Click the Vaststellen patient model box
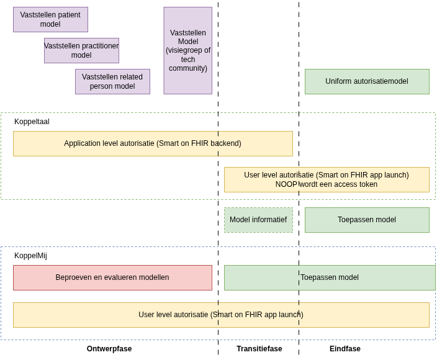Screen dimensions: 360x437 [50, 19]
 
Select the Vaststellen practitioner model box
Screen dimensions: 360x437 [81, 50]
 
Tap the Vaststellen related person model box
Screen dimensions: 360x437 [112, 81]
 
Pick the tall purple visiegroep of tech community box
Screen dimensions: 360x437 [187, 50]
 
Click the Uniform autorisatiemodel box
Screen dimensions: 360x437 [366, 81]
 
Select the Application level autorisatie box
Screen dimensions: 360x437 [153, 143]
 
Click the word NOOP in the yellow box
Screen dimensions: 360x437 [286, 184]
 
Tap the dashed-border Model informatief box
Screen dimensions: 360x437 [258, 220]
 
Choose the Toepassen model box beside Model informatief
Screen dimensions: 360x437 [366, 220]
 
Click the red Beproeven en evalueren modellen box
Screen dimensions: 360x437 [112, 277]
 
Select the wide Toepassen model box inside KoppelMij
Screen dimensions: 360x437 [330, 277]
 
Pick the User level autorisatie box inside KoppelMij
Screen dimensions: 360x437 [221, 315]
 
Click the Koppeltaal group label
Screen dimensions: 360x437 [32, 122]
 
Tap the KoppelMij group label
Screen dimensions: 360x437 [30, 256]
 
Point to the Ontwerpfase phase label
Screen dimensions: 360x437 [109, 349]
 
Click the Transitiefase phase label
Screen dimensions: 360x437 [259, 349]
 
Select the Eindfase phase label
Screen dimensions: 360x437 [345, 349]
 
